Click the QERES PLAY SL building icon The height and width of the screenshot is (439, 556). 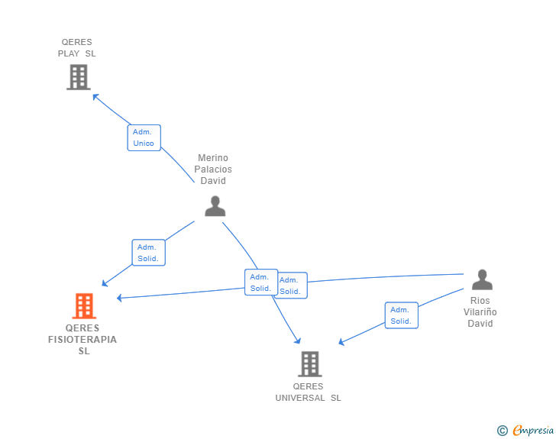pos(78,77)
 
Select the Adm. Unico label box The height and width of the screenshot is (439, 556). pos(144,137)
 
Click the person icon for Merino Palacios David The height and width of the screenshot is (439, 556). pos(215,206)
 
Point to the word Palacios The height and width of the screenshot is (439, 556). pos(213,169)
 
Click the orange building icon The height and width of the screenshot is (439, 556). pos(84,305)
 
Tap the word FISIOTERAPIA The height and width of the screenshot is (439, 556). pos(82,340)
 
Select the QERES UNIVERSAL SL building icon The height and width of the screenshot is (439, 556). pos(309,364)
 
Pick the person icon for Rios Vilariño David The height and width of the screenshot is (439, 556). pos(481,280)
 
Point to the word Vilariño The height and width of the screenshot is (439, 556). pos(480,312)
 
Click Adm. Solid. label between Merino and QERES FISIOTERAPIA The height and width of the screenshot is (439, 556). pos(148,253)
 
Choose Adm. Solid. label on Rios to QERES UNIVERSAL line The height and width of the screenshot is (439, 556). pos(401,315)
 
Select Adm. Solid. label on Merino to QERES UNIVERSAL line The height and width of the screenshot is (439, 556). pos(261,282)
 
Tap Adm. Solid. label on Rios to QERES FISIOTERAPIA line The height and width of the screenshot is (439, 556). pos(291,286)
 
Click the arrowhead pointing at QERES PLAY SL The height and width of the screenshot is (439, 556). pos(95,96)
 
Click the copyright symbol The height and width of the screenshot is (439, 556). pos(502,431)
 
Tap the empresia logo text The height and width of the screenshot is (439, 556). pos(533,431)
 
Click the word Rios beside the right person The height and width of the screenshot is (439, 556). pos(480,301)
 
